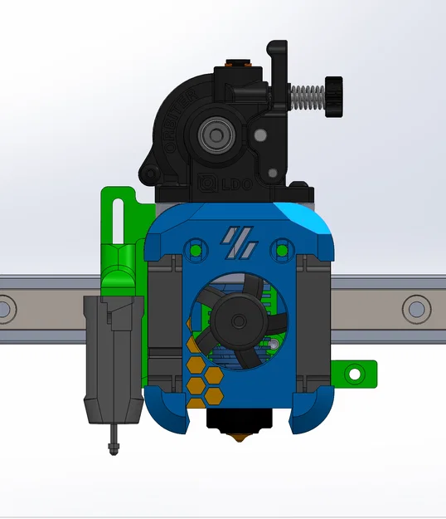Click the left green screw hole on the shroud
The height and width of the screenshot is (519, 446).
point(196,249)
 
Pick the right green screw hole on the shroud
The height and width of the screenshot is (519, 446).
point(283,249)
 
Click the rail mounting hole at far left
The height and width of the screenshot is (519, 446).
point(5,310)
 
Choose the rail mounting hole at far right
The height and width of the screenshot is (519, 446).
point(415,309)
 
